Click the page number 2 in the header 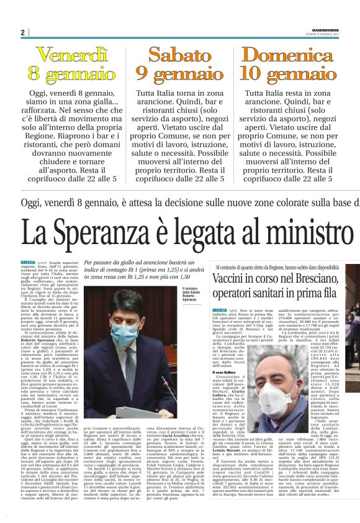tap(22, 32)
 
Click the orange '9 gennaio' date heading tap(180, 74)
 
